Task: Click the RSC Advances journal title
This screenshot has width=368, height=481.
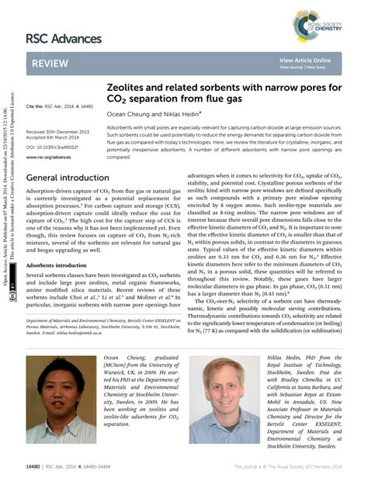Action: click(x=63, y=38)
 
